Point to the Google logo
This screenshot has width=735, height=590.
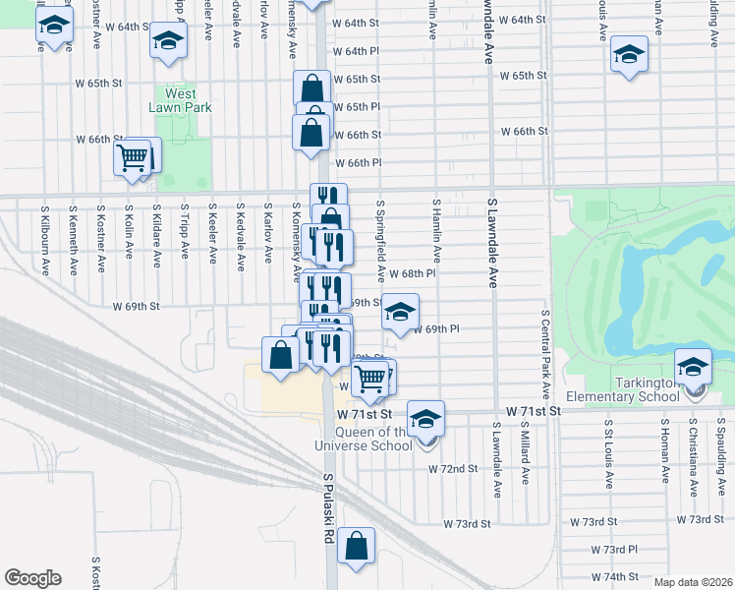click(x=32, y=578)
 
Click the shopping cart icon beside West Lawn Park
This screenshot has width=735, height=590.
click(x=133, y=157)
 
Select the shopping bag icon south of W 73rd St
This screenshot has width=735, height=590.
click(x=357, y=547)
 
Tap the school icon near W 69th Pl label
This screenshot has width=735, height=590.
click(x=400, y=313)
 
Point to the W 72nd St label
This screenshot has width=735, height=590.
click(x=452, y=469)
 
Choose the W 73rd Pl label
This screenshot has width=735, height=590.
click(x=614, y=549)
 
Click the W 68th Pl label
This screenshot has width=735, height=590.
click(x=412, y=274)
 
